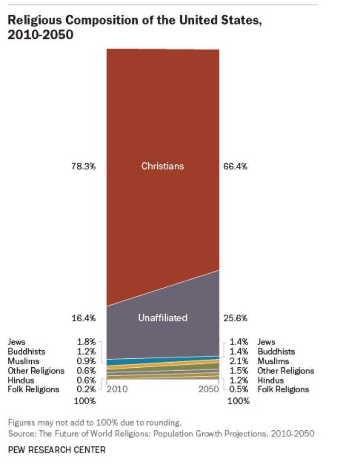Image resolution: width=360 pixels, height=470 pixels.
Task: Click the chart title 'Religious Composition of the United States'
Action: pyautogui.click(x=134, y=20)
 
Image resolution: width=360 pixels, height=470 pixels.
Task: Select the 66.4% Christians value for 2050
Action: pyautogui.click(x=235, y=166)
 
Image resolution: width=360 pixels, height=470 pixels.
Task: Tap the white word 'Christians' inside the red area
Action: pyautogui.click(x=162, y=166)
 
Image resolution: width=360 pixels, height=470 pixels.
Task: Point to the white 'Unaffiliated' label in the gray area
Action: pyautogui.click(x=162, y=318)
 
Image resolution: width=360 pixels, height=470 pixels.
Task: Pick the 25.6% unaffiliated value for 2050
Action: pyautogui.click(x=235, y=318)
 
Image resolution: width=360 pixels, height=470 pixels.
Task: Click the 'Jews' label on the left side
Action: pyautogui.click(x=17, y=342)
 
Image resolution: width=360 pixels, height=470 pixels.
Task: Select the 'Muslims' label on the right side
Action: pyautogui.click(x=273, y=361)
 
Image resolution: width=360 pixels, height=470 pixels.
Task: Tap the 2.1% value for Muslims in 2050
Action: pyautogui.click(x=239, y=361)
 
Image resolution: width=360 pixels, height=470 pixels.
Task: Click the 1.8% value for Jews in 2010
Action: pyautogui.click(x=86, y=342)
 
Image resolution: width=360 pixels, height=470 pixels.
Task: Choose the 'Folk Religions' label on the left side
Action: pyautogui.click(x=34, y=389)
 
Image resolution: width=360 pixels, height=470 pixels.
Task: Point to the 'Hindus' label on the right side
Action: pyautogui.click(x=270, y=380)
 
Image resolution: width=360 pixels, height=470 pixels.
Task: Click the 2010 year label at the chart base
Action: pyautogui.click(x=117, y=389)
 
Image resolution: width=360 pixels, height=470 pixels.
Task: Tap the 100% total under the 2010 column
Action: pyautogui.click(x=86, y=401)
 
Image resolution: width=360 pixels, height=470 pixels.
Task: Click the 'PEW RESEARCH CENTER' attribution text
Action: pyautogui.click(x=56, y=450)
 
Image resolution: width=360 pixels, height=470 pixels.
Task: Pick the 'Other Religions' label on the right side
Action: pyautogui.click(x=286, y=371)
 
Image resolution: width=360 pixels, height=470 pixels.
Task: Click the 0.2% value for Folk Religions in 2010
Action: pyautogui.click(x=86, y=389)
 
